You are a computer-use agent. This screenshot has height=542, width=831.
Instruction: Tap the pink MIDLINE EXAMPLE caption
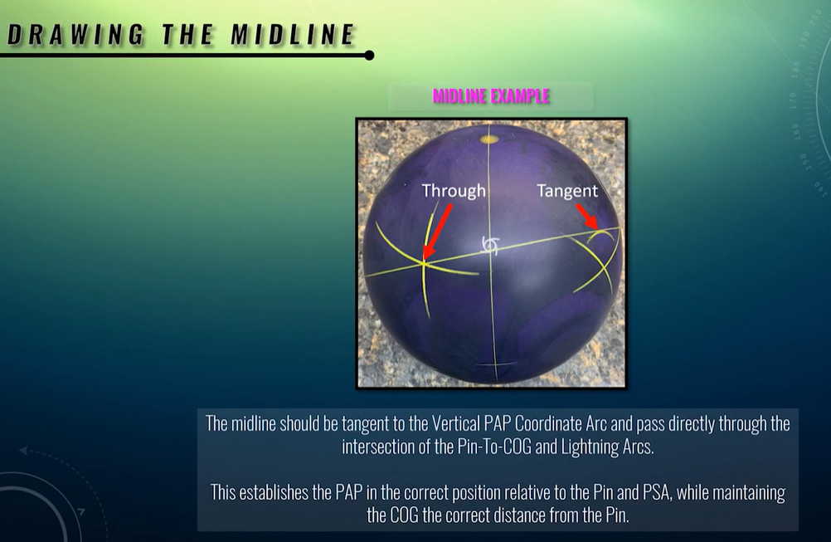(x=491, y=96)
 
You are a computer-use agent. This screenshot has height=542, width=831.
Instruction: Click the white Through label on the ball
(x=454, y=191)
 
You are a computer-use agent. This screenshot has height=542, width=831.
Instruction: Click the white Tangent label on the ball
(x=567, y=191)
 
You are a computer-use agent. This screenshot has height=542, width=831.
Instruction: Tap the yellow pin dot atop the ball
(x=489, y=139)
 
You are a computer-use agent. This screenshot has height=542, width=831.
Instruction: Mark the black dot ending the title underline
(x=369, y=56)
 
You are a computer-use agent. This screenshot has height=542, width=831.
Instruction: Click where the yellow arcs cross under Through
(x=423, y=263)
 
